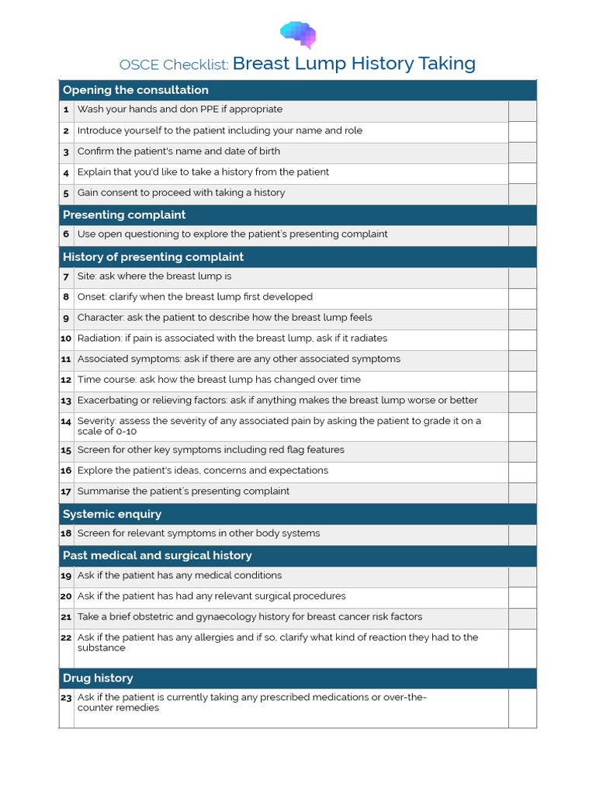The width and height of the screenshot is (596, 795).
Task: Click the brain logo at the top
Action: (x=298, y=33)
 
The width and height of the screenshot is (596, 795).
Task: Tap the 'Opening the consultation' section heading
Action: (x=135, y=90)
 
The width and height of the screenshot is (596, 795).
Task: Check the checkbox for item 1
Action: (x=522, y=111)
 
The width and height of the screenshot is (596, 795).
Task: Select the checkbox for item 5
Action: (x=522, y=194)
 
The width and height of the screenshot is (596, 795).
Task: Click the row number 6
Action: (x=66, y=234)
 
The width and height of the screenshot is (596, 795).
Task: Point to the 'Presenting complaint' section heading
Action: (x=124, y=215)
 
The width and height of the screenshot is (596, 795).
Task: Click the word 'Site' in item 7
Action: (x=86, y=276)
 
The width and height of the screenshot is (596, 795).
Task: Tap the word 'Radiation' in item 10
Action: (x=99, y=338)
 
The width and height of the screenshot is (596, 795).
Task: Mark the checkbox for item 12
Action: (x=522, y=380)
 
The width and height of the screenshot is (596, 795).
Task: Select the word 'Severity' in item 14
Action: (x=97, y=422)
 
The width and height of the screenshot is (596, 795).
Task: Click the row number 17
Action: (x=66, y=491)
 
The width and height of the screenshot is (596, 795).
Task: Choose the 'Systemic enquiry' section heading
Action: (x=112, y=514)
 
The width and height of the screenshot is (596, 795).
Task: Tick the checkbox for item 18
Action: (x=522, y=534)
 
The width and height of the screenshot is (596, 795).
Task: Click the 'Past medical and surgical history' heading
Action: (x=157, y=556)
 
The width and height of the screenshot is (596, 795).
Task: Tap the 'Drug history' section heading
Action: (x=98, y=679)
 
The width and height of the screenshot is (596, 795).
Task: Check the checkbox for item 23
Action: (x=522, y=707)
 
